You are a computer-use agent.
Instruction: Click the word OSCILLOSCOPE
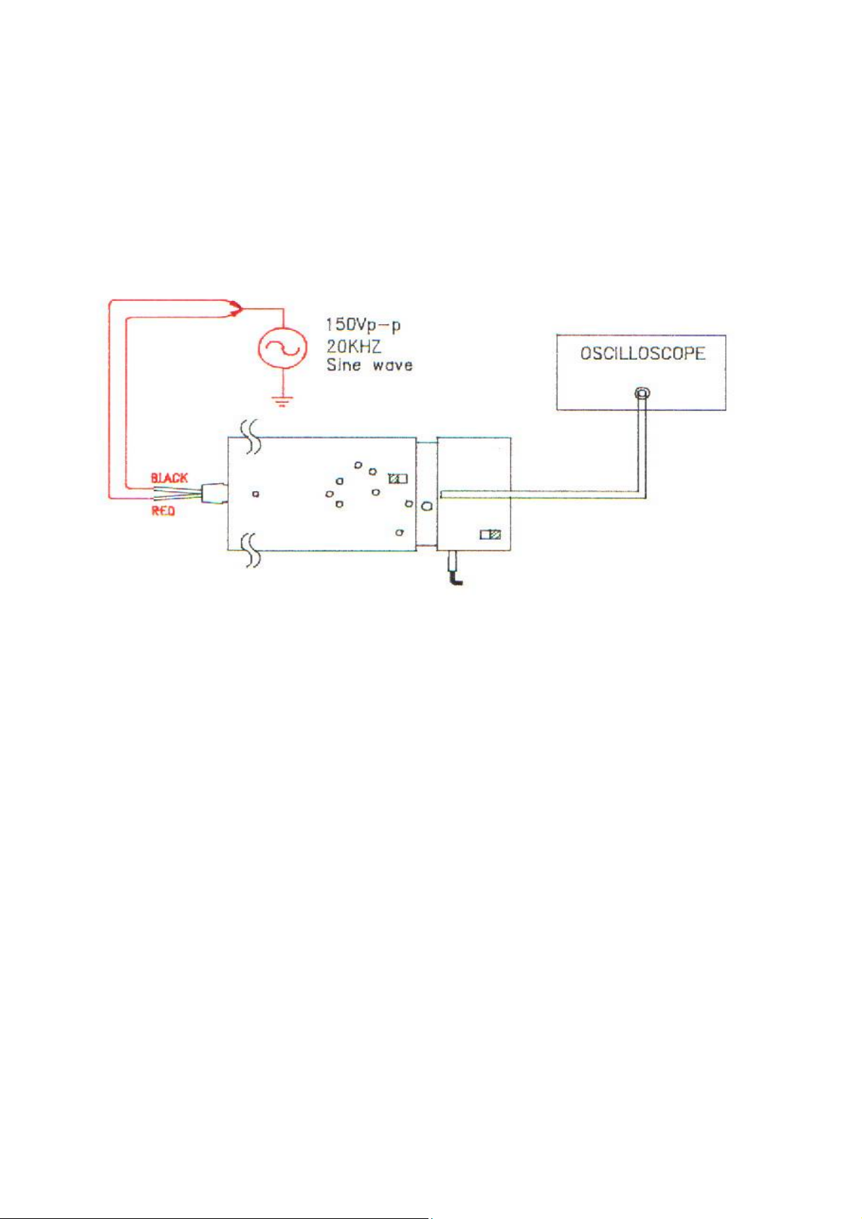point(643,354)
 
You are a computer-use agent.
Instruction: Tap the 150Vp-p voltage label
point(363,326)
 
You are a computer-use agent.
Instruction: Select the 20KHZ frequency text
point(353,346)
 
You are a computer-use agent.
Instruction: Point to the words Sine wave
point(369,365)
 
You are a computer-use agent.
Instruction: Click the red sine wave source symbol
point(279,349)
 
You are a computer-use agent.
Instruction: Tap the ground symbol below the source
point(282,402)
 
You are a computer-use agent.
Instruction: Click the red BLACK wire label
point(169,477)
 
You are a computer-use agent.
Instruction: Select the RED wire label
point(163,511)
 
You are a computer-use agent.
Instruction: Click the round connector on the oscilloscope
point(643,394)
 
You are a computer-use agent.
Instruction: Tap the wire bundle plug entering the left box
point(214,493)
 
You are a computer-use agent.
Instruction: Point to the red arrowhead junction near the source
point(235,308)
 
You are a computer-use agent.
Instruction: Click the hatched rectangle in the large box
point(398,479)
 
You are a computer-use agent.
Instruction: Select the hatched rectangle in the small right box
point(490,535)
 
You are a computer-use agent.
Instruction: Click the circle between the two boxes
point(428,506)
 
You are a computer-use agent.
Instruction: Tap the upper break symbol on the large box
point(252,436)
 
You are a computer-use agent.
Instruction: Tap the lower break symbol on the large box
point(251,550)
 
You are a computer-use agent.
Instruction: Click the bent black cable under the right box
point(454,569)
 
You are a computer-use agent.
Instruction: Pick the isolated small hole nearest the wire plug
point(255,494)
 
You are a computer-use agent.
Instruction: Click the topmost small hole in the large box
point(358,465)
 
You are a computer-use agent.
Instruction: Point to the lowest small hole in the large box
point(399,532)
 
